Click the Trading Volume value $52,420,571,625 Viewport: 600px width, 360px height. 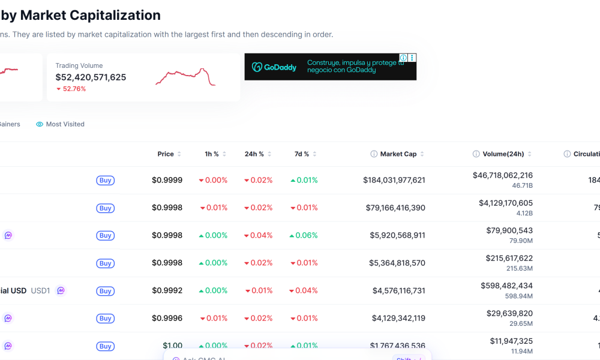click(x=91, y=77)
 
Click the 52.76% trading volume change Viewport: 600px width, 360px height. click(x=71, y=89)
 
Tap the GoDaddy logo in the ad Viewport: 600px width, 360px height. click(x=274, y=67)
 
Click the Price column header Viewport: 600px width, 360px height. click(x=166, y=154)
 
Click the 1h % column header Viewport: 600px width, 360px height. click(x=212, y=154)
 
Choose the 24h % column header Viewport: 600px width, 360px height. click(x=254, y=154)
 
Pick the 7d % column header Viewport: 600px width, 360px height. click(x=302, y=154)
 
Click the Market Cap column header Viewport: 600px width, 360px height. click(x=398, y=154)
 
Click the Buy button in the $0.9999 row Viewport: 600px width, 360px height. click(x=105, y=181)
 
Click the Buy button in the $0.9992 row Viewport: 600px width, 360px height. click(x=105, y=291)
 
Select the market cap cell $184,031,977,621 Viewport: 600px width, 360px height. click(x=394, y=180)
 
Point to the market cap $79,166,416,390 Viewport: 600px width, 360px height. click(x=395, y=208)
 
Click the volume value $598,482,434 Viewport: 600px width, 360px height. click(x=506, y=286)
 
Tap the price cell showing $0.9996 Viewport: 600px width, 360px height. click(x=167, y=318)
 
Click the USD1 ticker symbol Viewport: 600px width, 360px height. click(x=40, y=290)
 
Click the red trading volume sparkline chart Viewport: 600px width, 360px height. click(x=185, y=77)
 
